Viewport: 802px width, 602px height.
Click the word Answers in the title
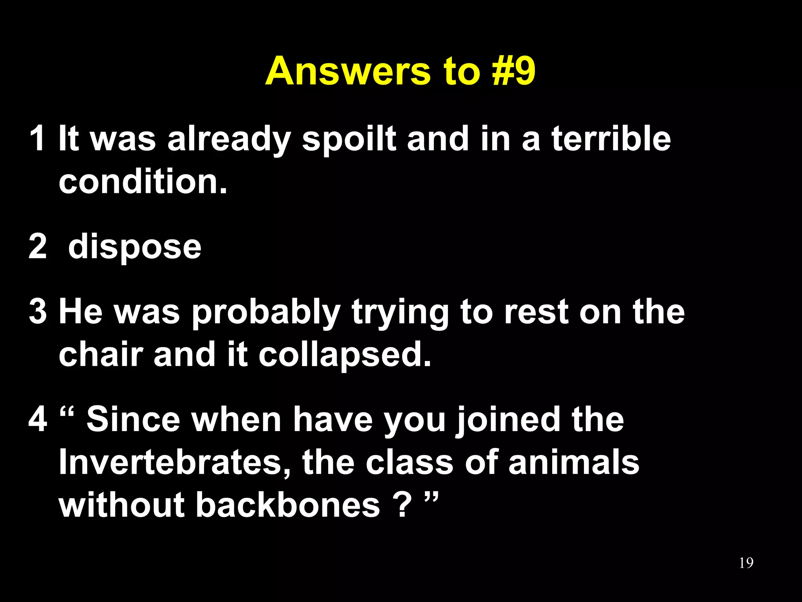click(348, 71)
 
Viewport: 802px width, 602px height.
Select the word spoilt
click(349, 139)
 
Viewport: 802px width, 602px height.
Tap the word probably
click(266, 313)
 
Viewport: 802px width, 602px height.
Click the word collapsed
click(345, 355)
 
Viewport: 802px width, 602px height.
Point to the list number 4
click(38, 419)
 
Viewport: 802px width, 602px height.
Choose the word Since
click(133, 419)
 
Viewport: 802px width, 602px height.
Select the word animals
click(574, 462)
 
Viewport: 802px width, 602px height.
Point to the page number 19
click(746, 563)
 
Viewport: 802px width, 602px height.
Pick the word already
click(229, 139)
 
